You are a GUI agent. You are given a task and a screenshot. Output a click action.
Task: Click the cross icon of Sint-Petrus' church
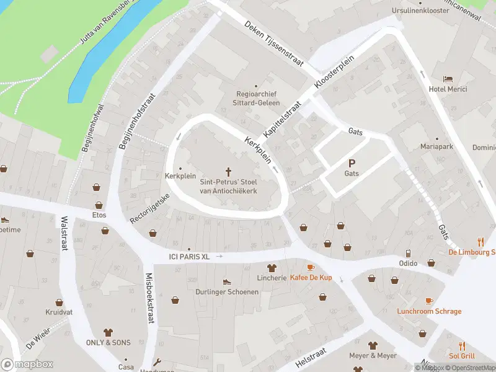pyautogui.click(x=228, y=171)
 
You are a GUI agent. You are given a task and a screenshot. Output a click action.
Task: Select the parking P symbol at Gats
pyautogui.click(x=352, y=164)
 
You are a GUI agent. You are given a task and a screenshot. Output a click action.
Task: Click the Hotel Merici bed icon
pyautogui.click(x=448, y=79)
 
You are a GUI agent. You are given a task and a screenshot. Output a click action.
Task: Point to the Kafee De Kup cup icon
pyautogui.click(x=311, y=267)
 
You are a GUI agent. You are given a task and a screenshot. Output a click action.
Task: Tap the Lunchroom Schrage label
pyautogui.click(x=429, y=311)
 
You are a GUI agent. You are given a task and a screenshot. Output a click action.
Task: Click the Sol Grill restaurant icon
pyautogui.click(x=462, y=346)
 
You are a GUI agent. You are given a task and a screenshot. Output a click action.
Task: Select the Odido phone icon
pyautogui.click(x=409, y=253)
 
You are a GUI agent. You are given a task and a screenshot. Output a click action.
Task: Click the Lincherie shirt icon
pyautogui.click(x=271, y=268)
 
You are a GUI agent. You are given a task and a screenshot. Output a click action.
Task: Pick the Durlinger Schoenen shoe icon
pyautogui.click(x=226, y=281)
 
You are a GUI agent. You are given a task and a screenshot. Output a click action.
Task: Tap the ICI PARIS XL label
pyautogui.click(x=190, y=256)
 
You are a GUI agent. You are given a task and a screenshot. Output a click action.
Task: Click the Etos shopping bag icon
pyautogui.click(x=97, y=205)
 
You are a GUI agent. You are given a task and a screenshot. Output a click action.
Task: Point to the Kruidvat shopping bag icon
pyautogui.click(x=59, y=303)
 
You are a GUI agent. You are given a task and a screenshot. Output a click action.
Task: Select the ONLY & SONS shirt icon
pyautogui.click(x=108, y=332)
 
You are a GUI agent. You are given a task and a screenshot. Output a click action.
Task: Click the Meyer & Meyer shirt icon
pyautogui.click(x=373, y=345)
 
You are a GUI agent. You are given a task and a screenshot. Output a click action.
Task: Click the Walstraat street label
pyautogui.click(x=63, y=233)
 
